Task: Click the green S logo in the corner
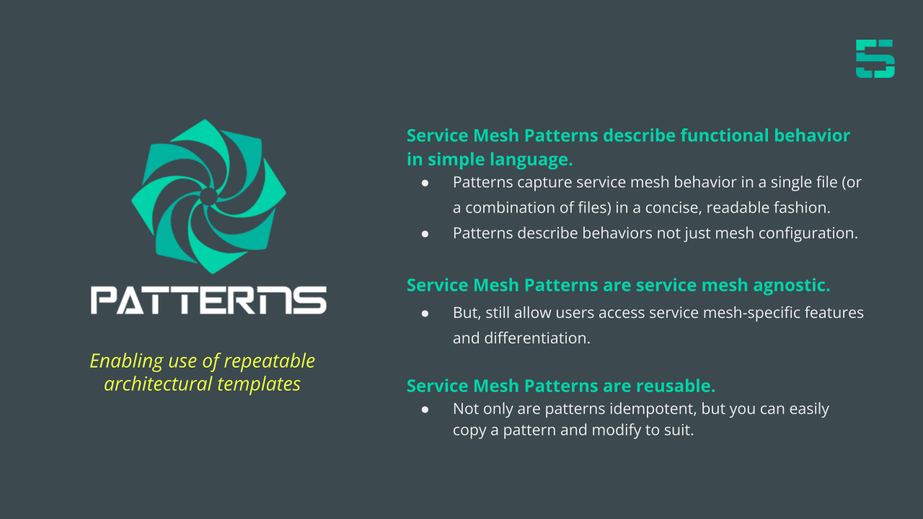tap(875, 58)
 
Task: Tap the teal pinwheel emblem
tap(208, 197)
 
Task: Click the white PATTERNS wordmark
tap(208, 301)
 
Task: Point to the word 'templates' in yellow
tap(259, 384)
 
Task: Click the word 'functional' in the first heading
tap(725, 135)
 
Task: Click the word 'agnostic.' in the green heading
tap(792, 285)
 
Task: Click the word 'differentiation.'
tap(537, 338)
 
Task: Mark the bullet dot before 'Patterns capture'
tap(425, 183)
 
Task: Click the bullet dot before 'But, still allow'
tap(425, 314)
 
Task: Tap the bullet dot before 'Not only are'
tap(425, 409)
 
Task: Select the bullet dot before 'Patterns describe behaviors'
tap(425, 234)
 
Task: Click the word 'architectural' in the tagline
tap(158, 384)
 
